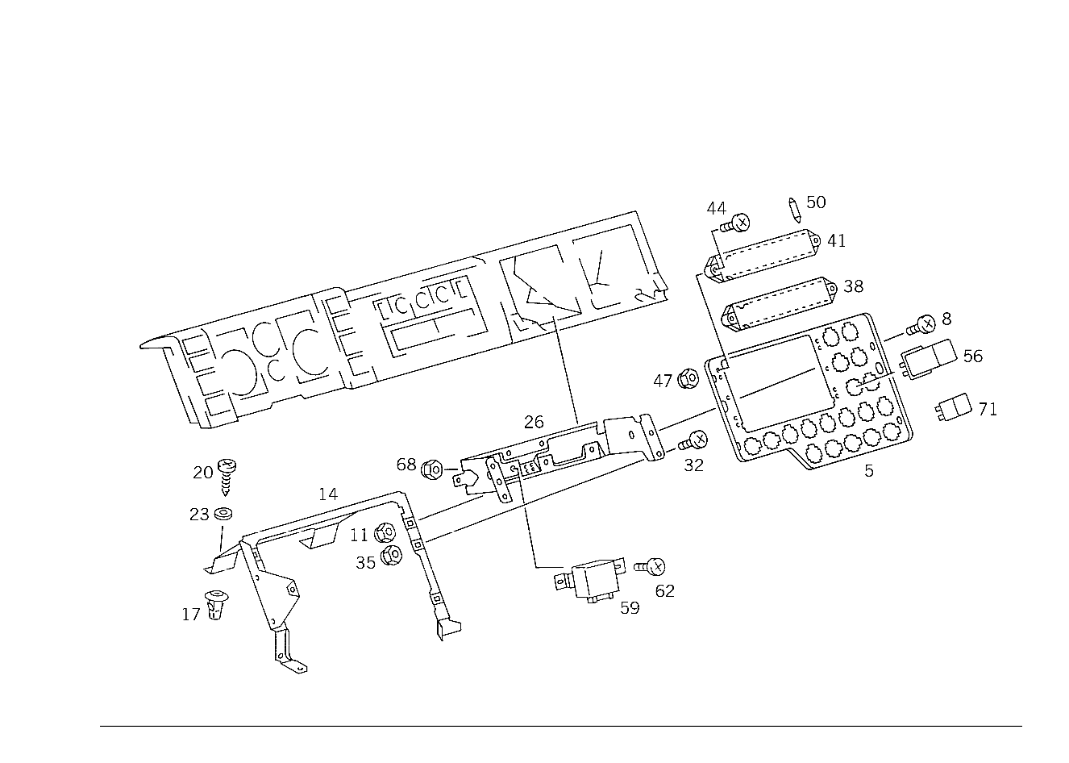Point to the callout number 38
853,286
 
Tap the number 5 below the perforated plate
869,469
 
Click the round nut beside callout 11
385,532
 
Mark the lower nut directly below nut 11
392,557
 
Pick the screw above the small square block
925,323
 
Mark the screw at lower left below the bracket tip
215,603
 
